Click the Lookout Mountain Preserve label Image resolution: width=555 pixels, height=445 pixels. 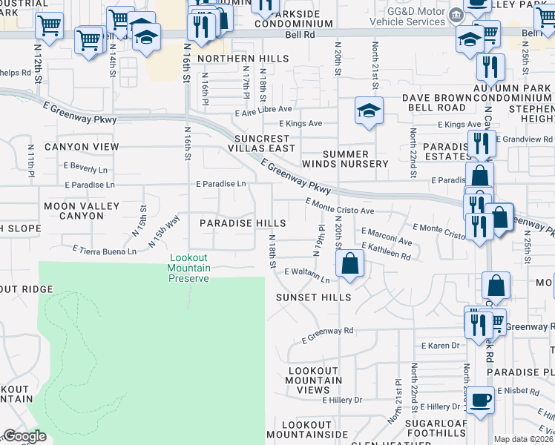pyautogui.click(x=189, y=268)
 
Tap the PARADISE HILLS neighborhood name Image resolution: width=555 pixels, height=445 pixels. pyautogui.click(x=243, y=223)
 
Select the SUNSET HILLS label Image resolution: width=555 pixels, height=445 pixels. pyautogui.click(x=313, y=297)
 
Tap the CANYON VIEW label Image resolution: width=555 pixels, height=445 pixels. pyautogui.click(x=82, y=147)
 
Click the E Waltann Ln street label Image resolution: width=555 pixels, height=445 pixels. pyautogui.click(x=306, y=275)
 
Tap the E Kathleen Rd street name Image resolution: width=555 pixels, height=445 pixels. pyautogui.click(x=386, y=250)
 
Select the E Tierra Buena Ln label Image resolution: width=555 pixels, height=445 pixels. pyautogui.click(x=104, y=251)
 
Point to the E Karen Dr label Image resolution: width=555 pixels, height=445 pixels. pyautogui.click(x=441, y=346)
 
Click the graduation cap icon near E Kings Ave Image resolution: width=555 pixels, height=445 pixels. pyautogui.click(x=368, y=111)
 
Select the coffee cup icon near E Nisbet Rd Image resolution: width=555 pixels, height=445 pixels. pyautogui.click(x=482, y=399)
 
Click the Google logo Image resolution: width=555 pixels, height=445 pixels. pyautogui.click(x=24, y=436)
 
